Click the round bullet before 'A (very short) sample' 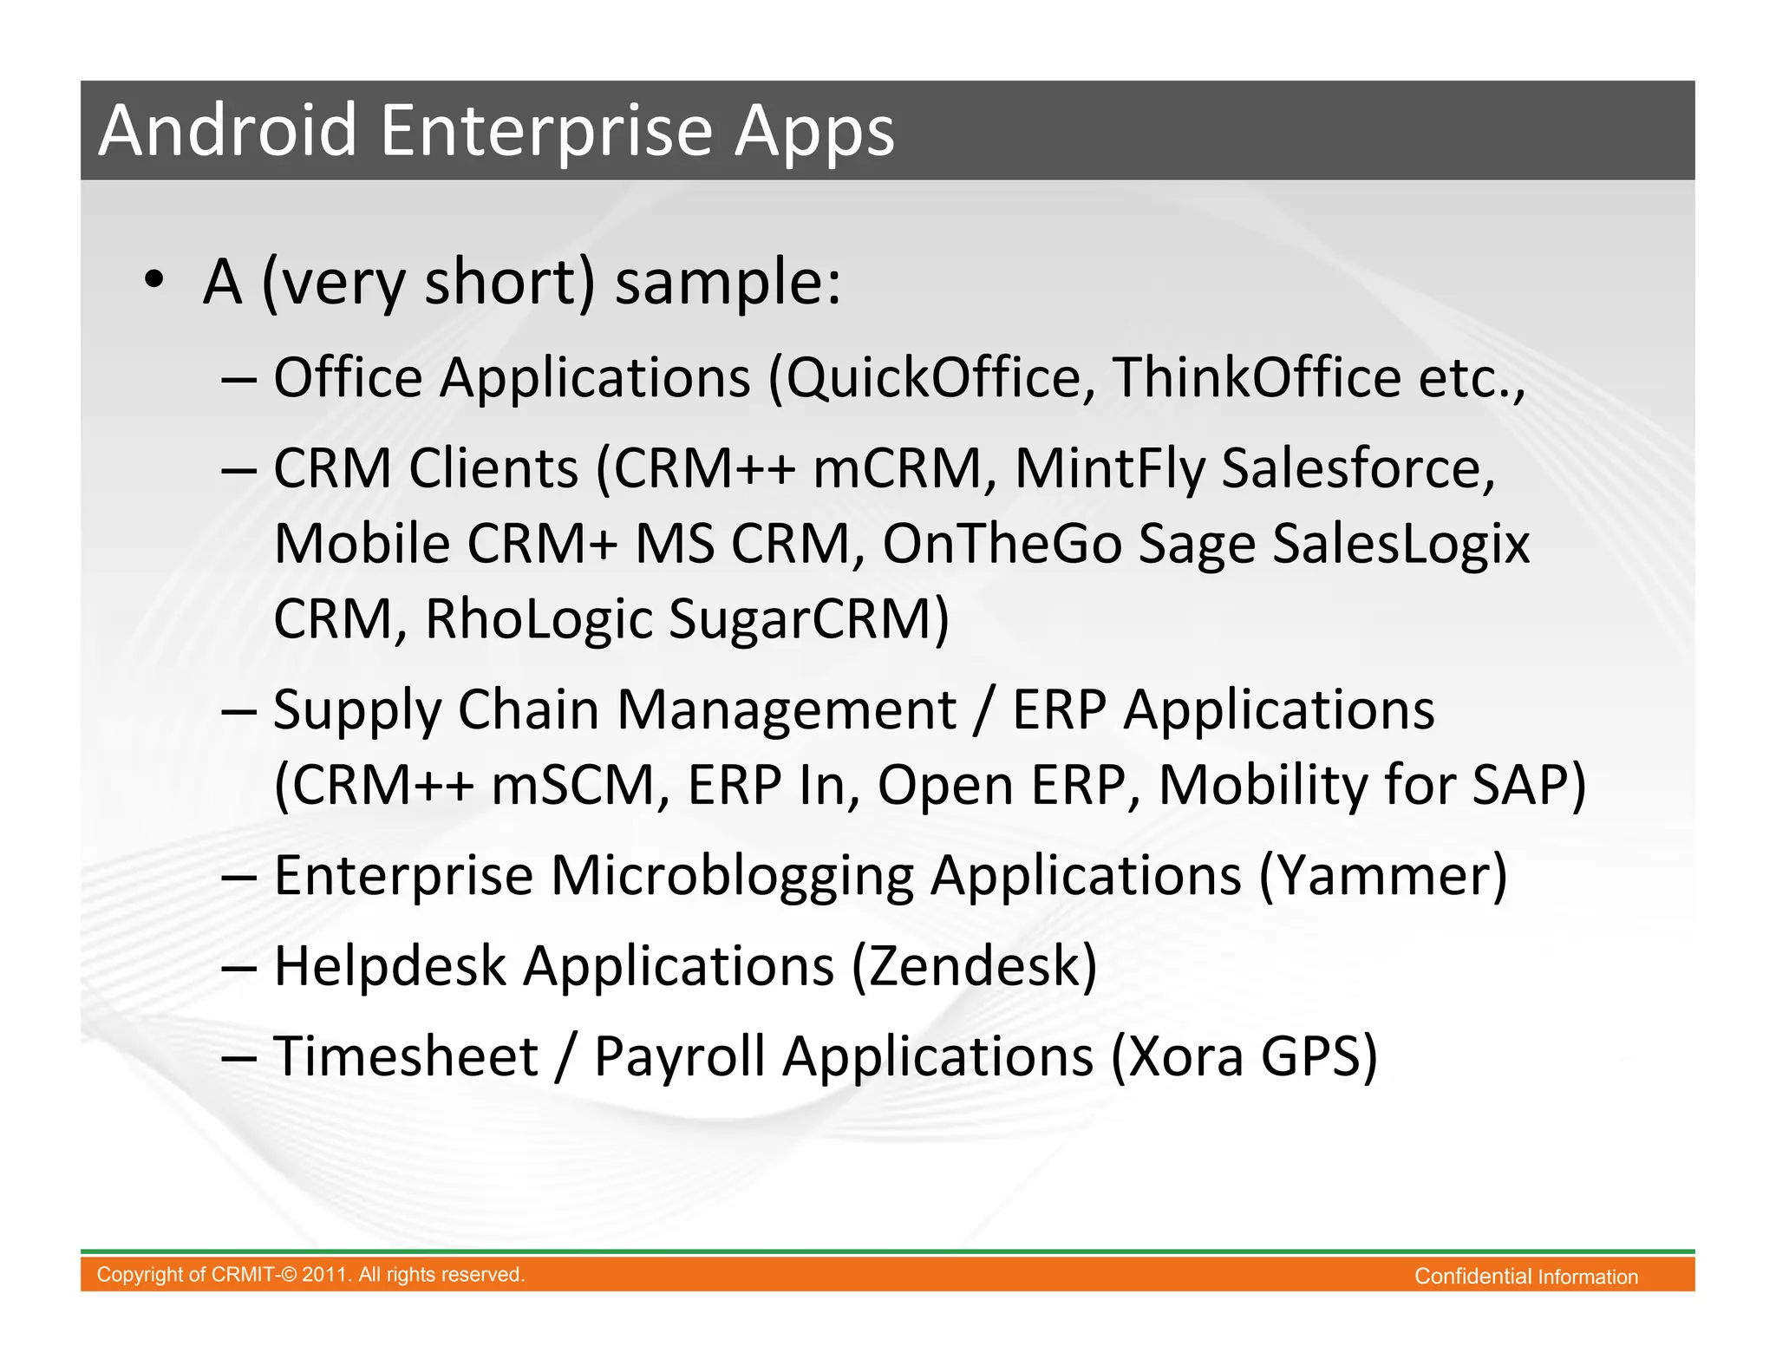tap(154, 280)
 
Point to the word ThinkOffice tap(1257, 378)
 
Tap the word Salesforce tap(1358, 469)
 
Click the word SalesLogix tap(1401, 545)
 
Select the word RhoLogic tap(539, 619)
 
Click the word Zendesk tap(975, 966)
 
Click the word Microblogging tap(732, 875)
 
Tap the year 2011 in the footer tap(325, 1275)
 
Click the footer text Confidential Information tap(1525, 1277)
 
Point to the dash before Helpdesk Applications tap(238, 968)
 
